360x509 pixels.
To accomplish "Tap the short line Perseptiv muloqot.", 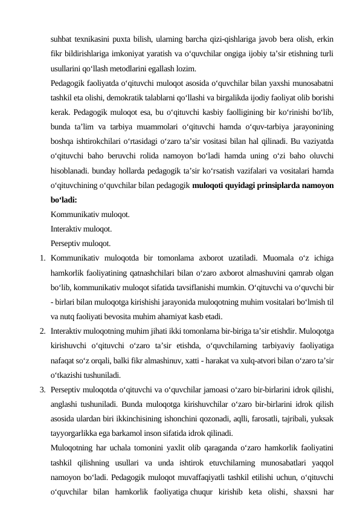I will click(81, 244).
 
